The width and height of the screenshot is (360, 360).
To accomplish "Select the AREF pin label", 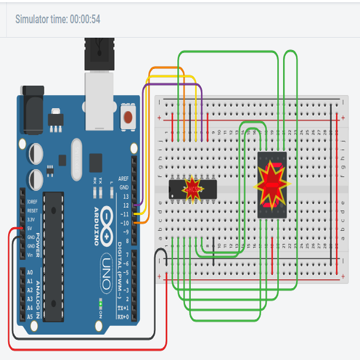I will pos(125,176).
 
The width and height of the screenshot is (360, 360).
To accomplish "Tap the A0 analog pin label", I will pos(30,271).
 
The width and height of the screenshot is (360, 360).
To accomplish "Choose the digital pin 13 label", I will pos(126,196).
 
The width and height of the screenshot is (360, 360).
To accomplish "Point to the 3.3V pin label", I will pos(30,218).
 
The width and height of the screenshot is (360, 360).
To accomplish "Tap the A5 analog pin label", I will pos(30,317).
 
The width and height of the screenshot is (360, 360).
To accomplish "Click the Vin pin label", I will pos(30,255).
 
